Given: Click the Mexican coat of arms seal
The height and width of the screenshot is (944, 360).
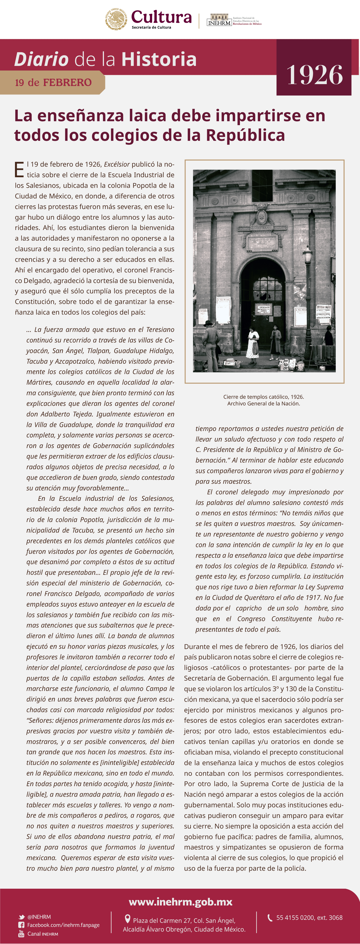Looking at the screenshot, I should pos(116,19).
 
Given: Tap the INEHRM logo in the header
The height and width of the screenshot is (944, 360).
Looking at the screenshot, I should pos(219,20).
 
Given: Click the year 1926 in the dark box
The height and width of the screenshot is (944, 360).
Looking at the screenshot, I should pos(315,75).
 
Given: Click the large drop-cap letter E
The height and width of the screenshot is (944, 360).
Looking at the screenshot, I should pos(19,170).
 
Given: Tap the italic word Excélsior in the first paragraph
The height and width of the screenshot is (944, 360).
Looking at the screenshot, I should pos(117,164).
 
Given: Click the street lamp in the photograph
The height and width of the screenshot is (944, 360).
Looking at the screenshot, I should pos(307,257).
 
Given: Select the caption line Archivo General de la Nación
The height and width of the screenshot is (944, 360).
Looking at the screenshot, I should pos(264,404).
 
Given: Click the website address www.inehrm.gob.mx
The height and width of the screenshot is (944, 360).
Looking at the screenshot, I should pos(180,902).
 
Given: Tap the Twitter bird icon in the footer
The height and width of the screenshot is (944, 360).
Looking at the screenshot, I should pos(22,917).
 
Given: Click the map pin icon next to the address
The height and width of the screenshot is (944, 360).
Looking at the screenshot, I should pos(128,919).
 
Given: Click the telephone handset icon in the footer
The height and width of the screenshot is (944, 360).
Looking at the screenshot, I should pos(270,918).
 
